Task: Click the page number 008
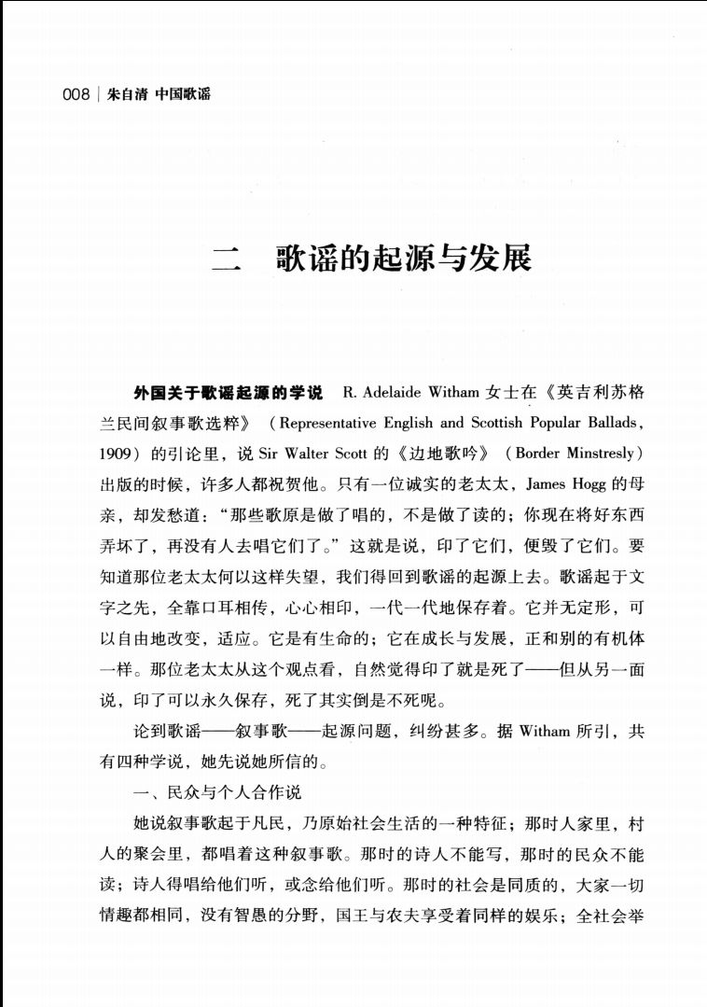point(76,95)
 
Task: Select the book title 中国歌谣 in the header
point(183,95)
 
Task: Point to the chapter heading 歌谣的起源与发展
point(403,257)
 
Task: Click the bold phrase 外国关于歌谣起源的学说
point(228,391)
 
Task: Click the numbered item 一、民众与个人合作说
point(217,792)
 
